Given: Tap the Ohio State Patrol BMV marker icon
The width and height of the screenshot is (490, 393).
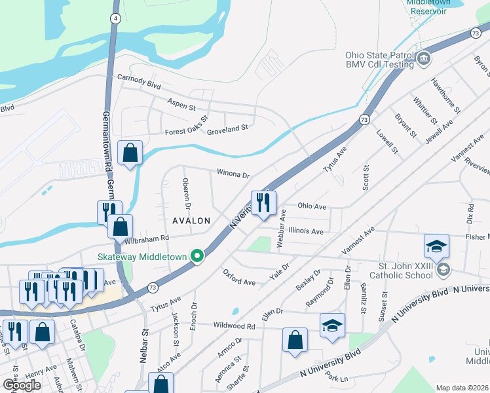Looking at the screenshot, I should tap(424, 59).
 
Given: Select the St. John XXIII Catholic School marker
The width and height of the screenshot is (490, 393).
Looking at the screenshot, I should tap(444, 270).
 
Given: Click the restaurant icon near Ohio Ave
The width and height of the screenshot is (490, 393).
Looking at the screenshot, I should tap(264, 203).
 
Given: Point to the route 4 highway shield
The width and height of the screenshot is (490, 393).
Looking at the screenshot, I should tap(115, 18).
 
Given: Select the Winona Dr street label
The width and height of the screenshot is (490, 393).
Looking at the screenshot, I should tap(234, 174).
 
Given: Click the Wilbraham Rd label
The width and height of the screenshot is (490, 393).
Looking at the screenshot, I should tap(147, 239).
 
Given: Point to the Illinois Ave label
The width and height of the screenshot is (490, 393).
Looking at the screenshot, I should tap(306, 231).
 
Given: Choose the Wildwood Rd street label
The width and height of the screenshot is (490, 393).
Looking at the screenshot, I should tap(233, 326).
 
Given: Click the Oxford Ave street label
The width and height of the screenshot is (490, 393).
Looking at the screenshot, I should tap(239, 277).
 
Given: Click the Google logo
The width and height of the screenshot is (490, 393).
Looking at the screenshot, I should tap(22, 385).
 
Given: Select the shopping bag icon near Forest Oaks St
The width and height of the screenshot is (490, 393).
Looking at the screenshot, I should tap(130, 153).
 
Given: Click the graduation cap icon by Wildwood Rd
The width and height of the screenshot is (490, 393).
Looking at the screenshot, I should tap(332, 325).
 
